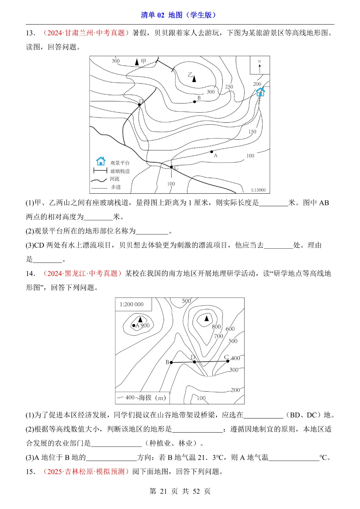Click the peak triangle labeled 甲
137,62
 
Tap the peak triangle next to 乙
194,79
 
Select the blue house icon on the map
260,92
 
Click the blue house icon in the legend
101,161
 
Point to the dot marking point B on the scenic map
195,102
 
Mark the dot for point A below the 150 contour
212,152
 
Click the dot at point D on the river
140,105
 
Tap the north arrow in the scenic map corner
260,67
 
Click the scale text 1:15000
258,190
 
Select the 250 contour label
229,87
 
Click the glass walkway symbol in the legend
100,171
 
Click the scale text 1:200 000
132,304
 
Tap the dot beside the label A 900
134,325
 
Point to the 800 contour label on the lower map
216,327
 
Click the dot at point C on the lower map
228,361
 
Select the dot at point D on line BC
194,362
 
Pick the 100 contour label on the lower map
201,398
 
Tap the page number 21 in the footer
163,491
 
